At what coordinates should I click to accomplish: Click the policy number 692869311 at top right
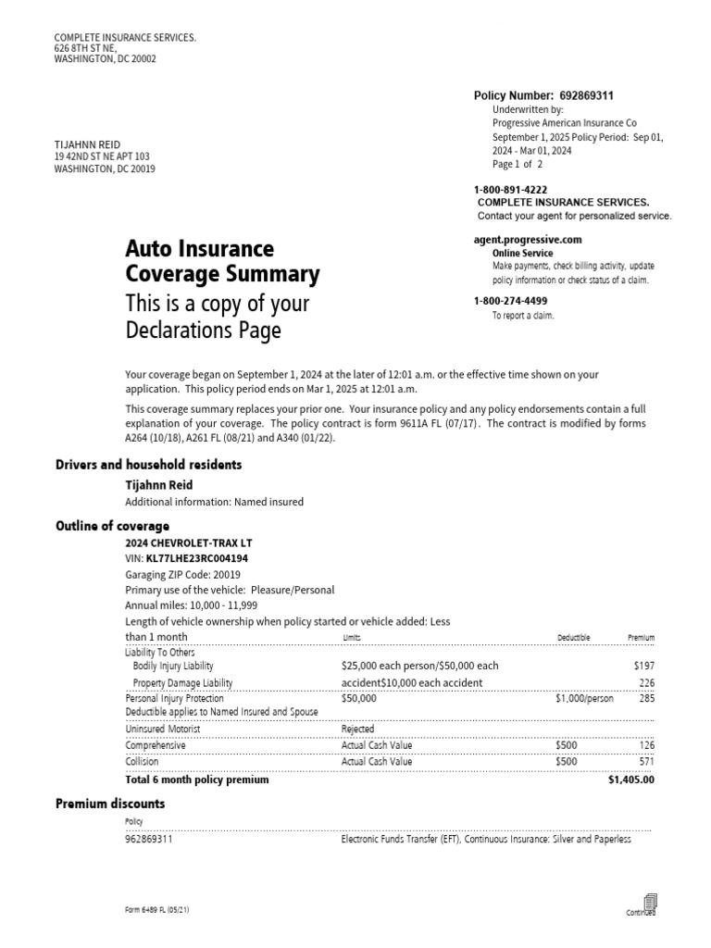click(x=585, y=95)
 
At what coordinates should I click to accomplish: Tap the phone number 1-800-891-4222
click(x=510, y=190)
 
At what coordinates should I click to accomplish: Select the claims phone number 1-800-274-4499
click(x=510, y=301)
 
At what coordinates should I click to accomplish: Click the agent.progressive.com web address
click(x=528, y=240)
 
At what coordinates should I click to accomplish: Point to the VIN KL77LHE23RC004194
click(x=197, y=558)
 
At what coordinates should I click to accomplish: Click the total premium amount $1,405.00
click(x=630, y=780)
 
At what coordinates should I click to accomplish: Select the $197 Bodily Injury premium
click(x=643, y=666)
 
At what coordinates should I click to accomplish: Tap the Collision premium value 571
click(x=645, y=762)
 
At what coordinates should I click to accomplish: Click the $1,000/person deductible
click(x=584, y=699)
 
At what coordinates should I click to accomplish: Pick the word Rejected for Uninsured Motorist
click(x=358, y=729)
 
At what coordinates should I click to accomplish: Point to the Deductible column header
click(x=573, y=638)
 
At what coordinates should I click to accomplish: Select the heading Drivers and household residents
click(x=149, y=464)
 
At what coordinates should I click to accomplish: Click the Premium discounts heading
click(x=110, y=804)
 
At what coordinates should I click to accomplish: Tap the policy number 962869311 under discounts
click(x=148, y=840)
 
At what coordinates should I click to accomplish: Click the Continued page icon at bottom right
click(x=649, y=903)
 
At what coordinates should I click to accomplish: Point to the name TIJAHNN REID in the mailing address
click(x=88, y=144)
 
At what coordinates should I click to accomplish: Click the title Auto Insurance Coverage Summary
click(x=222, y=262)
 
